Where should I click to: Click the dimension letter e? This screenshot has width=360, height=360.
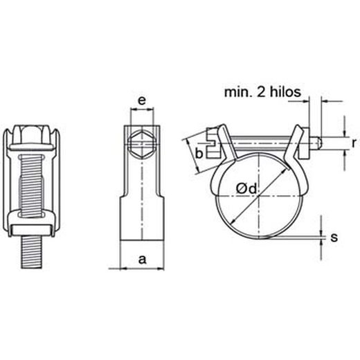click(x=141, y=102)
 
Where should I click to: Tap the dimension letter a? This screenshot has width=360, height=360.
click(x=143, y=260)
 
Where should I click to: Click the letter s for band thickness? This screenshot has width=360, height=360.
click(x=334, y=237)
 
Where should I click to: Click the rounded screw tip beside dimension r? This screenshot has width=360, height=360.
click(x=317, y=143)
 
